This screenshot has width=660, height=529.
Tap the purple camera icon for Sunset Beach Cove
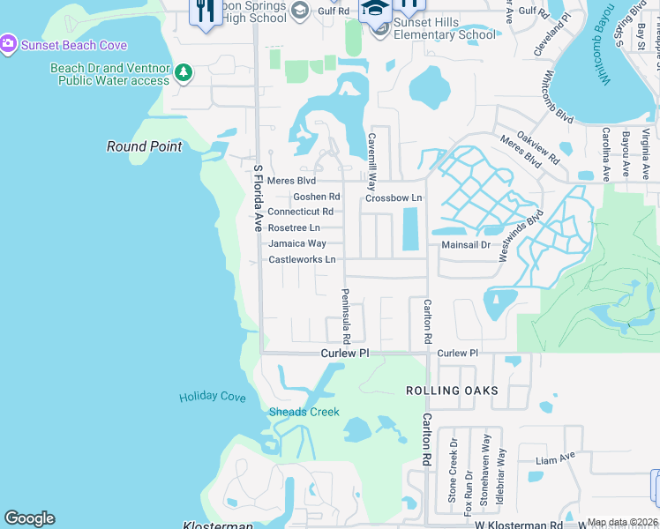(8, 44)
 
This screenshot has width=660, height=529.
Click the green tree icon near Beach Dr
(183, 72)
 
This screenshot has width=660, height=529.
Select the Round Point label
(145, 146)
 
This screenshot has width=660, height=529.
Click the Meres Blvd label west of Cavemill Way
(291, 181)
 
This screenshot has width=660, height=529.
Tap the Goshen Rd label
(316, 197)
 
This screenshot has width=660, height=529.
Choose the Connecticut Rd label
(300, 212)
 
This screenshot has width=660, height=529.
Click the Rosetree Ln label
(294, 227)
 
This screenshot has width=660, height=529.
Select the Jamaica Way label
(297, 243)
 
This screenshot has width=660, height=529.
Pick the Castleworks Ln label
(302, 259)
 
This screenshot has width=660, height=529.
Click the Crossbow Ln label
(394, 198)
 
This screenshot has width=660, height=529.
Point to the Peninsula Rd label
(347, 317)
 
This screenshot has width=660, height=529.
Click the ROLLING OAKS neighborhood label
(452, 391)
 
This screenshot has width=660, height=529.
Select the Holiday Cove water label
(212, 397)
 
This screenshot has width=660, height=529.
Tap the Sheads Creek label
(304, 412)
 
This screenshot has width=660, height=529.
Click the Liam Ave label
(555, 459)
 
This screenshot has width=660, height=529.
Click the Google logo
(29, 518)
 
